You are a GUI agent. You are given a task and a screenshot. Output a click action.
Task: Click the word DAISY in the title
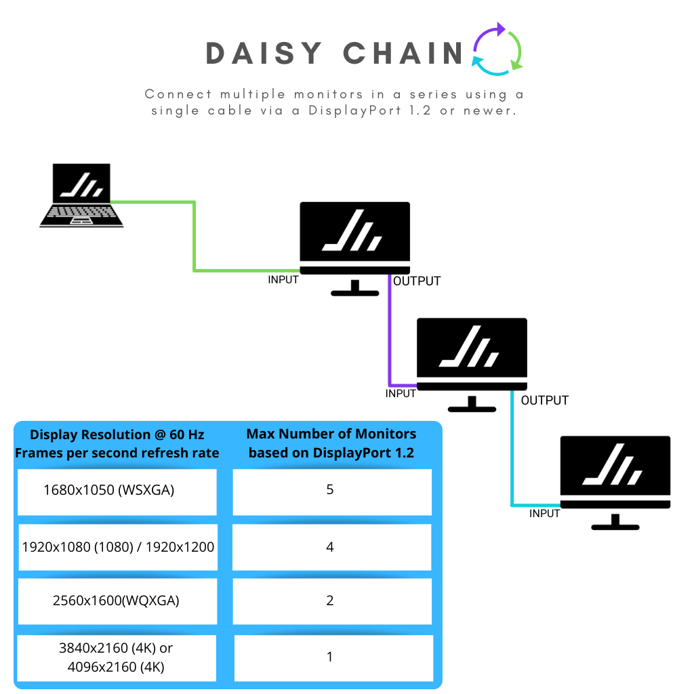coord(264,54)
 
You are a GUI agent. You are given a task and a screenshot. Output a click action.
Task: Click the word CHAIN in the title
coord(403,54)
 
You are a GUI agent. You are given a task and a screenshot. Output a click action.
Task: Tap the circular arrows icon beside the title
coord(498,49)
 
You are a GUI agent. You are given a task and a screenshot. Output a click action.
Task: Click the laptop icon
coord(81,195)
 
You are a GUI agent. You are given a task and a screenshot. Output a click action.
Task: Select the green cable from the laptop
coord(195,237)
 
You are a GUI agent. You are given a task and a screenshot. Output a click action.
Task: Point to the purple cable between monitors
coord(390,332)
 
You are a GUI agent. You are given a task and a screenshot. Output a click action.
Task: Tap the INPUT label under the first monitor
coord(283,279)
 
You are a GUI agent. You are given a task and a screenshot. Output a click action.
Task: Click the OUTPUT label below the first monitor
coord(417,281)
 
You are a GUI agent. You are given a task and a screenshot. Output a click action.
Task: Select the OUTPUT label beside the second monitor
coord(544,401)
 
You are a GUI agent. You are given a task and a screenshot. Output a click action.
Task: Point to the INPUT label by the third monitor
coord(544,514)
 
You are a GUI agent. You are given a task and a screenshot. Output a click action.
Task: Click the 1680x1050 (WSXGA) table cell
coord(117,490)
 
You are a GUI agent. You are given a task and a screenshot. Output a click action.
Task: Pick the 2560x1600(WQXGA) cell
coord(117,600)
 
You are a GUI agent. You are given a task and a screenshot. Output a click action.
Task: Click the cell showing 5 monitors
coord(331,490)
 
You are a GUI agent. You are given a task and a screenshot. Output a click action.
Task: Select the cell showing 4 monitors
coord(331,547)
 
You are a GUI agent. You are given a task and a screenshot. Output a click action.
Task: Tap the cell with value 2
coord(331,600)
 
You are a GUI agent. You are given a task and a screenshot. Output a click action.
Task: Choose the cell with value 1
coord(331,657)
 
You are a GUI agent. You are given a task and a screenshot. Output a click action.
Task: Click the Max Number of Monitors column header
coord(331,443)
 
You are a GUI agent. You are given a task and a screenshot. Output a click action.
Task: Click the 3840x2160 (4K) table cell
coord(117,657)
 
